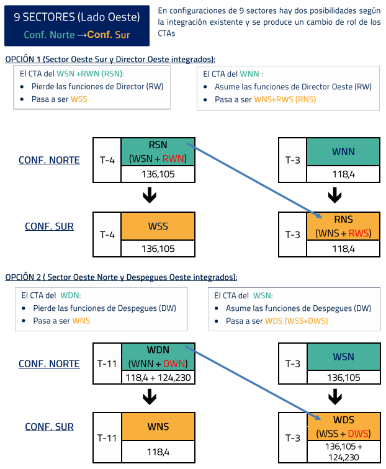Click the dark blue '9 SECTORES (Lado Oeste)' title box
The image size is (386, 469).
[x=77, y=24]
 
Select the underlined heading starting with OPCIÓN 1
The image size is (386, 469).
[x=110, y=59]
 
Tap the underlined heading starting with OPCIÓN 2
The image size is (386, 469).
[x=121, y=277]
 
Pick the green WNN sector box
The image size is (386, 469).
[x=334, y=152]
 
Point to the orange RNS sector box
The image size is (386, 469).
[x=334, y=226]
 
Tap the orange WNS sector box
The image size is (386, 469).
[x=158, y=426]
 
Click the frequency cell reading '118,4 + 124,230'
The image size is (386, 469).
[x=158, y=377]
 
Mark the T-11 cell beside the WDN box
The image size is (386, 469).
[x=107, y=364]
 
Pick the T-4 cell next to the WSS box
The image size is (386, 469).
[x=107, y=234]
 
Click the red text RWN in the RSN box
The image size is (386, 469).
[x=179, y=159]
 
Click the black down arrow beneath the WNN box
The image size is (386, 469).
[x=334, y=196]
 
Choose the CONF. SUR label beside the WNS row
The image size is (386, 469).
[x=49, y=427]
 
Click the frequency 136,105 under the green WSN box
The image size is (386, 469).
[x=334, y=377]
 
